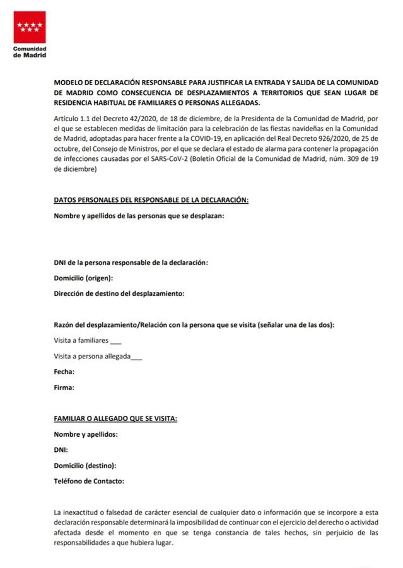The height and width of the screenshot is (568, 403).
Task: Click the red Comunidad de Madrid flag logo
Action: (x=30, y=27)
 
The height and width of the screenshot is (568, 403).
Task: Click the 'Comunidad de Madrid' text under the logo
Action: (x=30, y=52)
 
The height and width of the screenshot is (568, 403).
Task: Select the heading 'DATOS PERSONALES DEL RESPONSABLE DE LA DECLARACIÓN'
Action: (x=151, y=200)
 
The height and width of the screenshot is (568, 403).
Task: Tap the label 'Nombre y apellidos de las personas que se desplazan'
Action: (x=139, y=216)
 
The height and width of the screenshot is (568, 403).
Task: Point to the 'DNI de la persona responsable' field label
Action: (x=131, y=263)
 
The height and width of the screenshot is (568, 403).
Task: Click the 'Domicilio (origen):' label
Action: (x=83, y=278)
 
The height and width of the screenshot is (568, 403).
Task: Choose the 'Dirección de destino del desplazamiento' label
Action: (x=119, y=294)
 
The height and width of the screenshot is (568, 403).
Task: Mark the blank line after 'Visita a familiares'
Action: (x=116, y=342)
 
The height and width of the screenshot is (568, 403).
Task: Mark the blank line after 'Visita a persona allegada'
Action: (x=136, y=358)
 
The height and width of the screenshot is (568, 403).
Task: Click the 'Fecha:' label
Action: (x=64, y=372)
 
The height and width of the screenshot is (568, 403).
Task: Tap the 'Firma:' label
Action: (x=64, y=388)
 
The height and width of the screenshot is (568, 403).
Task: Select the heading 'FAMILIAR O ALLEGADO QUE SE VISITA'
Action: (x=116, y=419)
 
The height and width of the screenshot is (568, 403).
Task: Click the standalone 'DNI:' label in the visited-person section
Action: (x=61, y=450)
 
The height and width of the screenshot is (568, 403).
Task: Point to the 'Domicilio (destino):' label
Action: (x=85, y=466)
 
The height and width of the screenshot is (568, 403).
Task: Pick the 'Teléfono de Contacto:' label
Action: (x=89, y=481)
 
